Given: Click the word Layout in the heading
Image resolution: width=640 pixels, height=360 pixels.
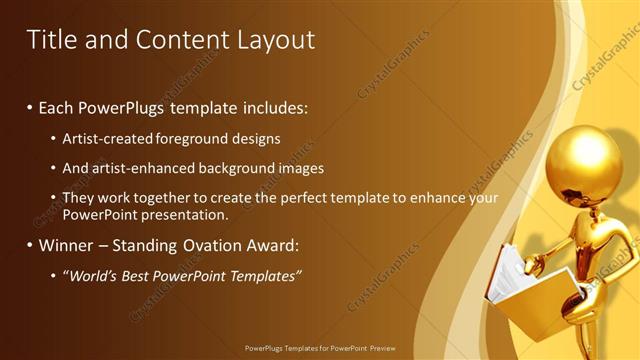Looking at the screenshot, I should point(275,40).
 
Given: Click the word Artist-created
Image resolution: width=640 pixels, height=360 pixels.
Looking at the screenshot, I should point(106,139).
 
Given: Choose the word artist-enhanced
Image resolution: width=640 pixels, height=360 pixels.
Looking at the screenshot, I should point(146,169).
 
